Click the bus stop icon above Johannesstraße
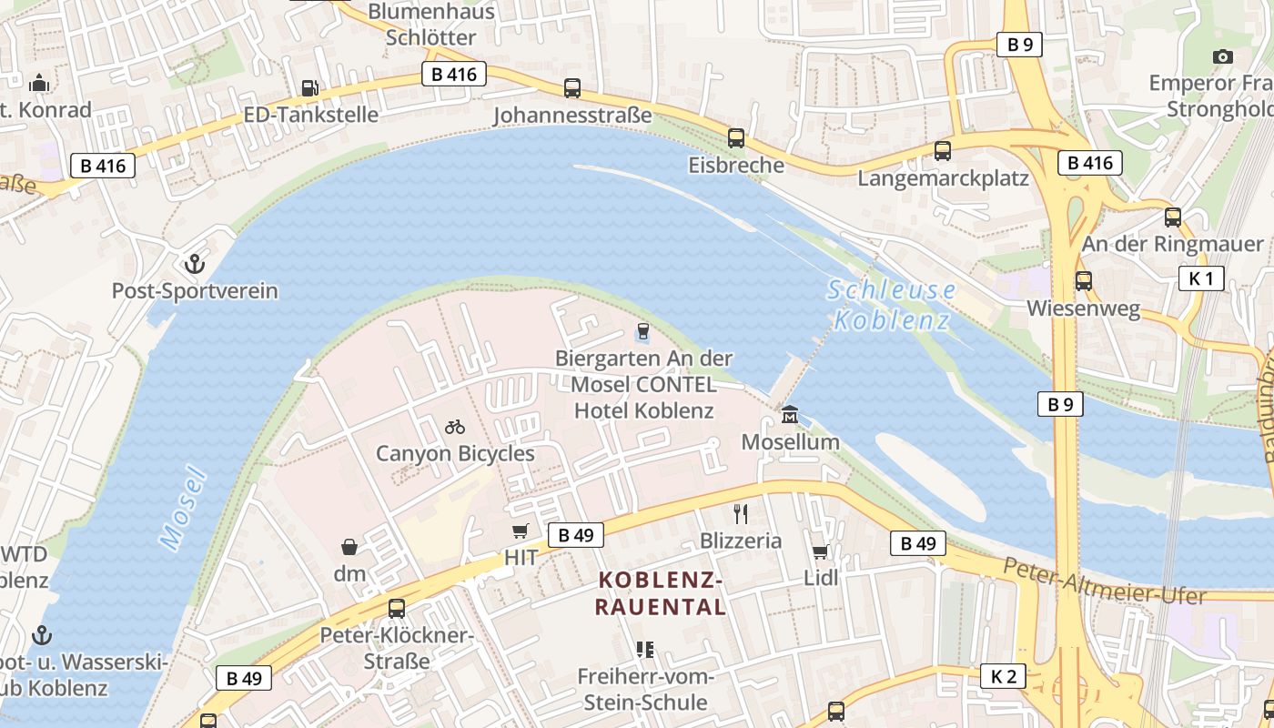(571, 88)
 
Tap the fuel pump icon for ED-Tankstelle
(310, 87)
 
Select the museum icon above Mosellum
(790, 415)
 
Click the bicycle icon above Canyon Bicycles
(455, 426)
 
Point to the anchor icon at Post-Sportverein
(194, 264)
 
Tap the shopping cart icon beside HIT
(520, 531)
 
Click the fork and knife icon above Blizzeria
(741, 514)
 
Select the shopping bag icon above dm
(349, 546)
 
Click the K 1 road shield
(1200, 278)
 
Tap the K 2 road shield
(1003, 676)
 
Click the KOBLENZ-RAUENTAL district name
(661, 593)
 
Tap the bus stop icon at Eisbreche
(735, 138)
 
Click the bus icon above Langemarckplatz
(943, 151)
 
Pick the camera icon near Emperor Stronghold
(1223, 56)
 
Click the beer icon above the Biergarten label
(643, 331)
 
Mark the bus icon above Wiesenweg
(1083, 281)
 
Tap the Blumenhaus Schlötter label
(431, 25)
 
